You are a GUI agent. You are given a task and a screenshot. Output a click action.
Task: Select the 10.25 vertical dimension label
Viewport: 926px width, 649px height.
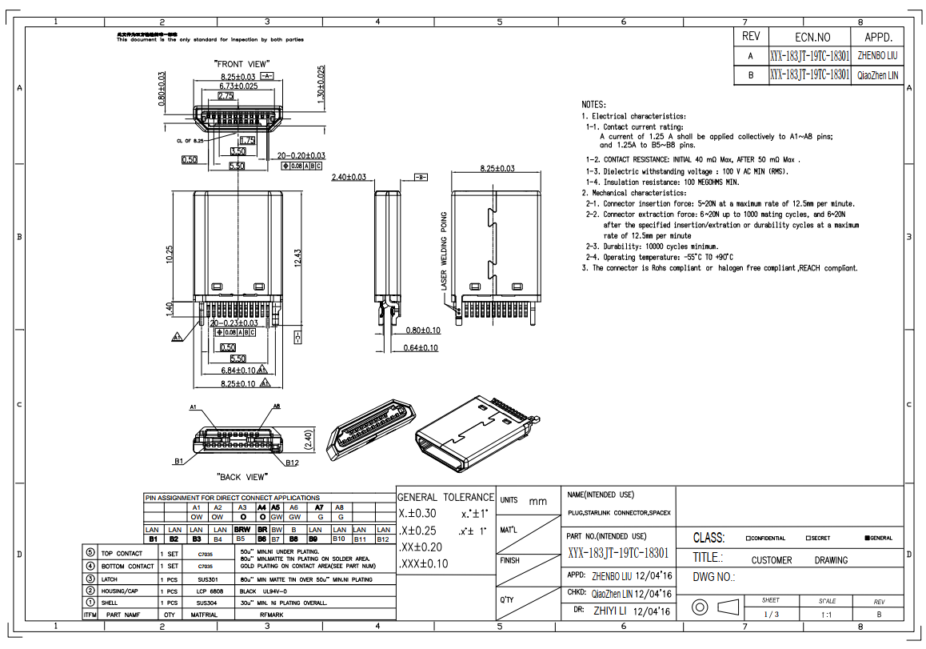[170, 254]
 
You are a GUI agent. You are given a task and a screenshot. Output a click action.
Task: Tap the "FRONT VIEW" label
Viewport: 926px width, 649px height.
[241, 63]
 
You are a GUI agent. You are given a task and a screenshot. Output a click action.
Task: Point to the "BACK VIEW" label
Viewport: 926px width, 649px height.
[241, 477]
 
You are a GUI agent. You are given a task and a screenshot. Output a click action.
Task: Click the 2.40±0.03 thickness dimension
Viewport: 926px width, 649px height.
[349, 177]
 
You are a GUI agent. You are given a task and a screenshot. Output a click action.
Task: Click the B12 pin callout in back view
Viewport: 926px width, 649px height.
[292, 463]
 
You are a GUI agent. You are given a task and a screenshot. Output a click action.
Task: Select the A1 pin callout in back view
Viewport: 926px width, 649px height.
[194, 407]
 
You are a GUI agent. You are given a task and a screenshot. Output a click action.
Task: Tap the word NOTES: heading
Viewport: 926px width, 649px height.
[594, 105]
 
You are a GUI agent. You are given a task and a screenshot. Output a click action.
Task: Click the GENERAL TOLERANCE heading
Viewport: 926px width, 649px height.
[445, 497]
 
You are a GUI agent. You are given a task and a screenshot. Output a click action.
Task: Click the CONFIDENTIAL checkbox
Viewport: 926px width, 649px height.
[748, 538]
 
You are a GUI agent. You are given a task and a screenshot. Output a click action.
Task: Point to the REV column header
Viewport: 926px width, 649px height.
[751, 37]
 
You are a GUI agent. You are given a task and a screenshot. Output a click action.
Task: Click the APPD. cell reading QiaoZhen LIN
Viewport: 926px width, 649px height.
[877, 75]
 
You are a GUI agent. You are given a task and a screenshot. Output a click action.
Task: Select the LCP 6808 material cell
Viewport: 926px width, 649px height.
[207, 591]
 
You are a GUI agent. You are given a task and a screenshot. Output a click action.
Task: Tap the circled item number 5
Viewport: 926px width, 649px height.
[90, 553]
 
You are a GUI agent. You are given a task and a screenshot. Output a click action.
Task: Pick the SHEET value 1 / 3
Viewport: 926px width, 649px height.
[771, 615]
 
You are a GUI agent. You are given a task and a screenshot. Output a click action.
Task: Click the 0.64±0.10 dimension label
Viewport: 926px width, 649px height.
[421, 347]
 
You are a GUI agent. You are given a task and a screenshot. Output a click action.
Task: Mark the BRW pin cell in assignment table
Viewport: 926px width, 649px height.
[242, 530]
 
